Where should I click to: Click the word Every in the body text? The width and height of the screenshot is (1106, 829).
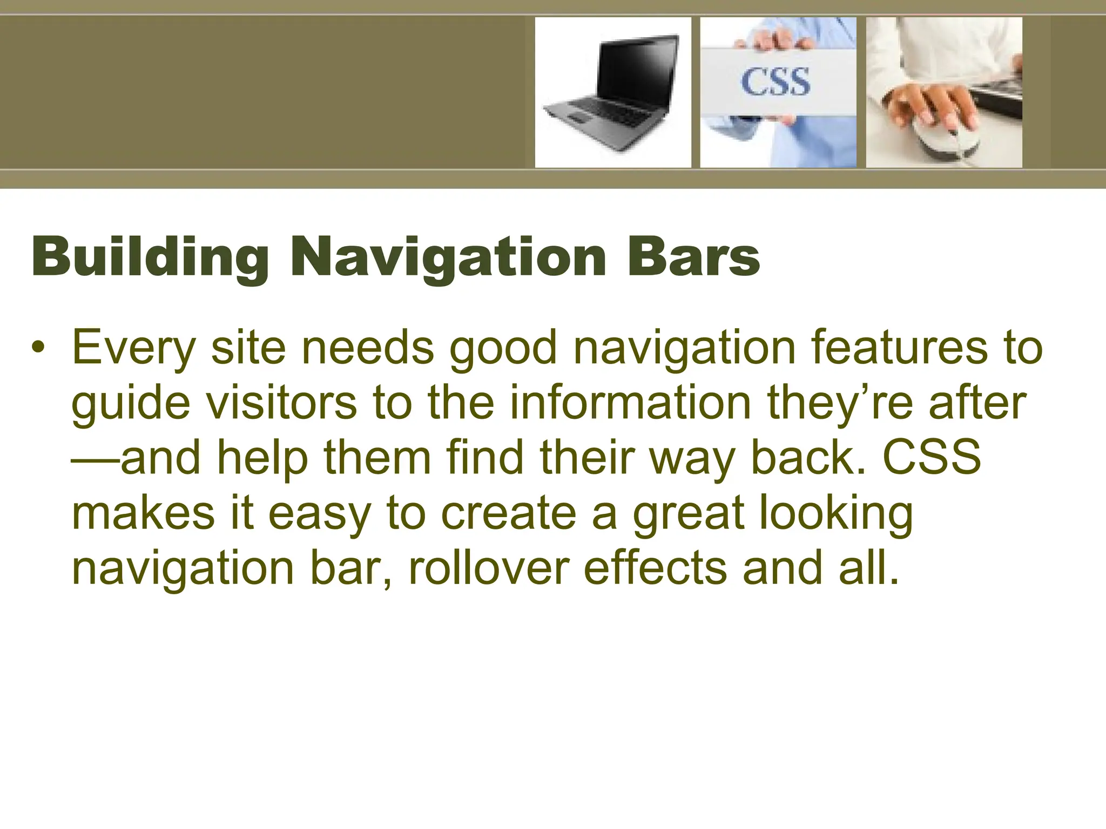[x=133, y=349]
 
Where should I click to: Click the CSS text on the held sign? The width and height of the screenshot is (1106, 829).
[x=775, y=83]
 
